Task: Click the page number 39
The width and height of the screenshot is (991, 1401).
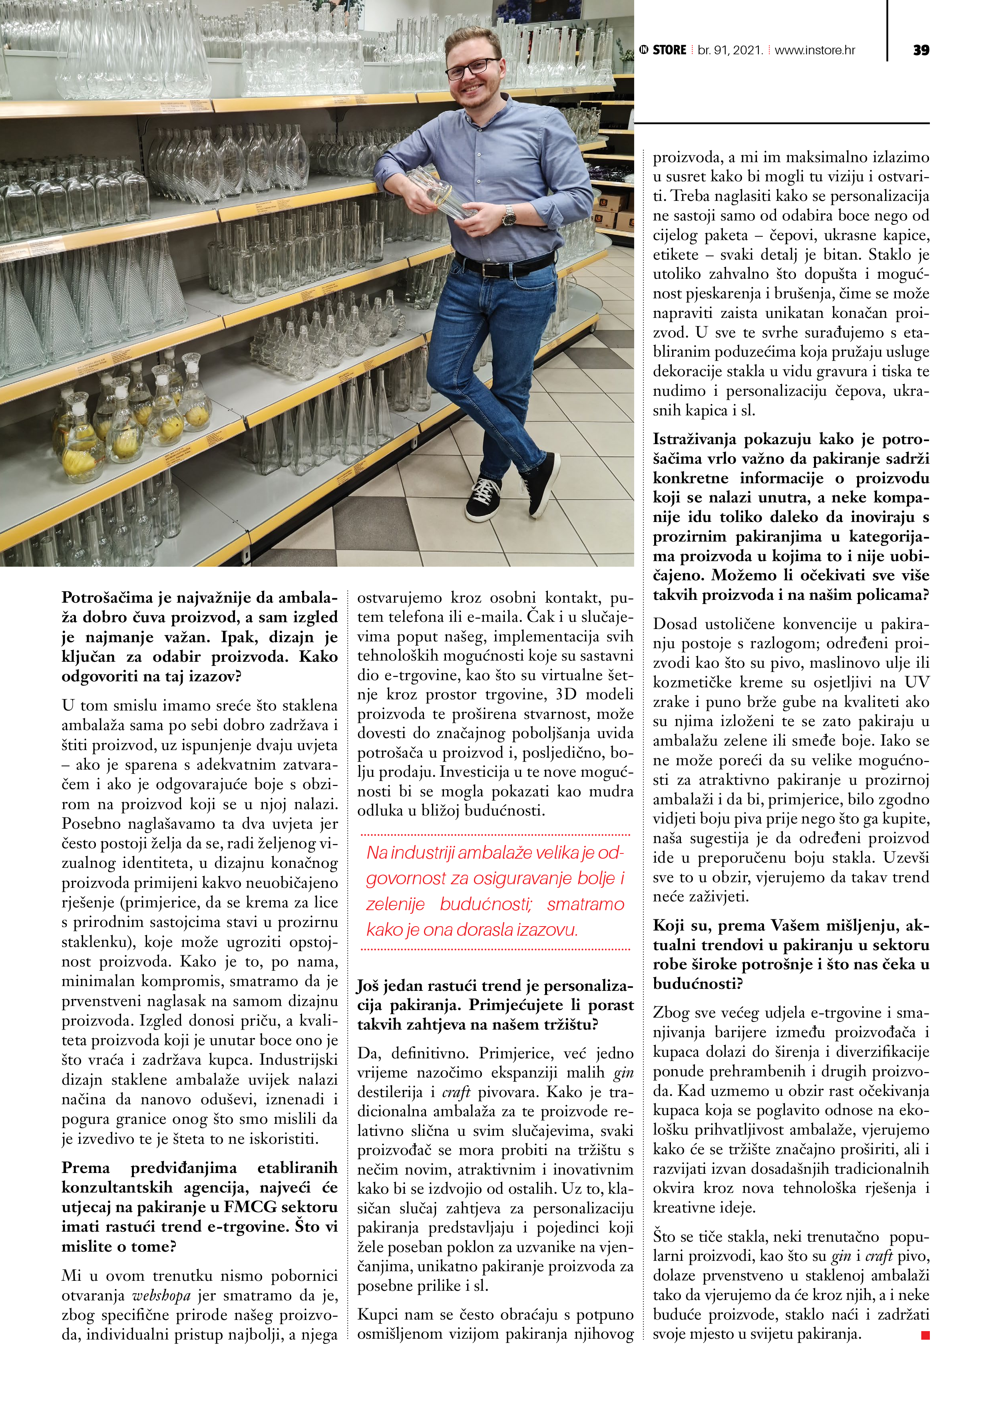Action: pos(921,50)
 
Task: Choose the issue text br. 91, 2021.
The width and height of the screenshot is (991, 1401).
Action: pos(730,50)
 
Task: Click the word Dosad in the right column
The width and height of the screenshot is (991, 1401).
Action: pos(674,623)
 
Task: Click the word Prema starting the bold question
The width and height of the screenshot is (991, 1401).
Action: pos(86,1168)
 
